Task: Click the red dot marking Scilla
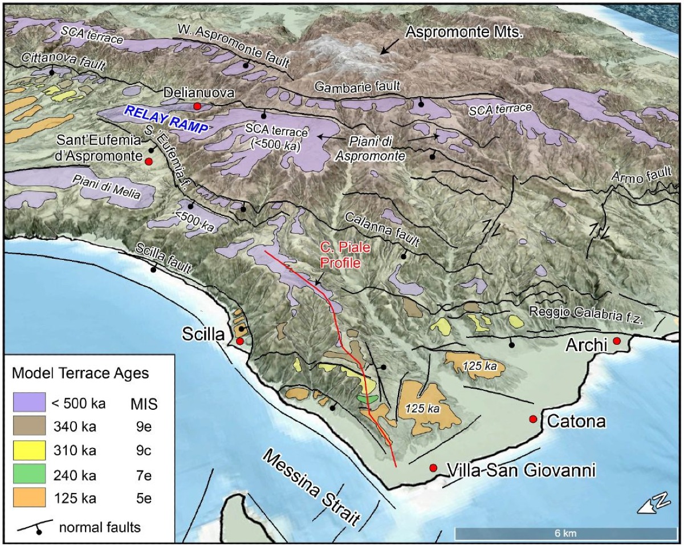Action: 240,341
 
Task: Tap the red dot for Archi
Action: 617,341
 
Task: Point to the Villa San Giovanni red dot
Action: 433,468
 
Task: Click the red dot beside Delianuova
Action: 197,106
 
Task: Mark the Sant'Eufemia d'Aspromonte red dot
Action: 149,162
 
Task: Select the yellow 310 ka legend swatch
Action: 28,450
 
